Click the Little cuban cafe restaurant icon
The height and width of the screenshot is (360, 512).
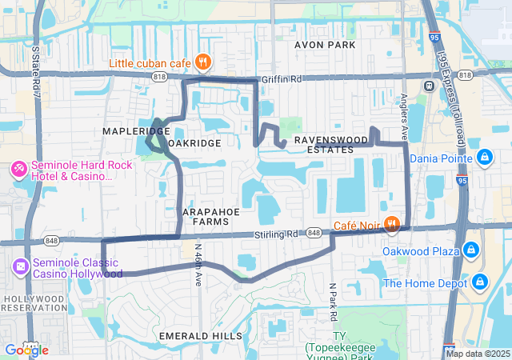point(203,62)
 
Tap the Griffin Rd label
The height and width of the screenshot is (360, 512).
point(284,80)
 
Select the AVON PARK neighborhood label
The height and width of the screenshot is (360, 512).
point(325,45)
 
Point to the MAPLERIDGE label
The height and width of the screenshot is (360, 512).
point(136,130)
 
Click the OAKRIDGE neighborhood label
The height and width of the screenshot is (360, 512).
point(196,142)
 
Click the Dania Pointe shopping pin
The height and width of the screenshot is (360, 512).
point(484,156)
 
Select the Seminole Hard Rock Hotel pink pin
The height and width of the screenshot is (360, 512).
point(18,170)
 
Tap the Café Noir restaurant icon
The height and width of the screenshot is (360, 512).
point(391,224)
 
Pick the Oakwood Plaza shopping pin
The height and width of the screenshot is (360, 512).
point(472,250)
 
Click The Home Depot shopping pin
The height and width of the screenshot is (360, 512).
point(480,282)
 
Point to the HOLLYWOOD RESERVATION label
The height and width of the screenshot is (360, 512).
point(34,302)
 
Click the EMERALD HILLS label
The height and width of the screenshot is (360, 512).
point(200,335)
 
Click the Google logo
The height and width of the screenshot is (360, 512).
point(26,350)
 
